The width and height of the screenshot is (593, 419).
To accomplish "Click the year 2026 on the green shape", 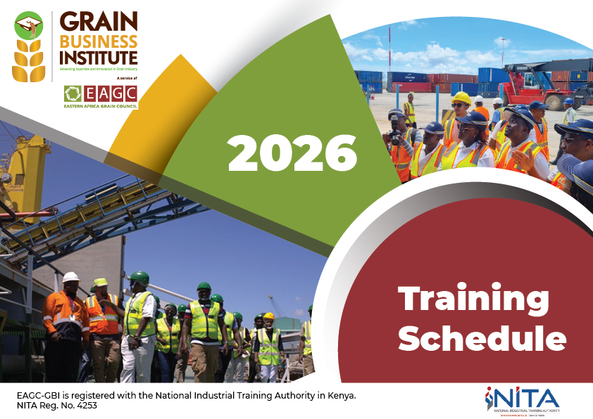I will (292, 153).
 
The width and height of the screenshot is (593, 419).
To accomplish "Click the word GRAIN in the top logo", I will (99, 21).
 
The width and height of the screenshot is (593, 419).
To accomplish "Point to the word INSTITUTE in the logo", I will (99, 56).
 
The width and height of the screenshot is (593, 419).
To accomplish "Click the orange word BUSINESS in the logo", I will (99, 39).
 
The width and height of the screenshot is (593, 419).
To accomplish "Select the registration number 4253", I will (84, 405).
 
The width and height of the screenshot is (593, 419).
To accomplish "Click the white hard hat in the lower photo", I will (70, 277).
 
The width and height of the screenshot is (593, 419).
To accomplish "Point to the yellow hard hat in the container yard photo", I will (461, 98).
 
